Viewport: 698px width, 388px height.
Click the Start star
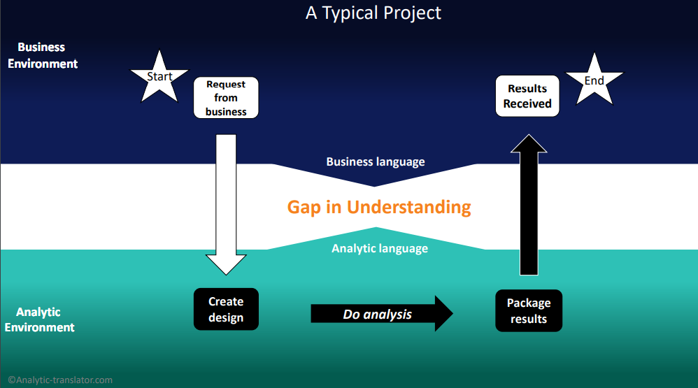(159, 76)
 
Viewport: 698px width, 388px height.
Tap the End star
(594, 80)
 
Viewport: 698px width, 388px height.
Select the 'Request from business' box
(226, 98)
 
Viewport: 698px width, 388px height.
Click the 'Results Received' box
(527, 96)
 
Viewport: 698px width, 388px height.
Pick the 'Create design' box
(226, 310)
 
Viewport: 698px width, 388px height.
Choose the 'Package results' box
(529, 311)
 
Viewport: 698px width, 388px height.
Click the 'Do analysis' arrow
(381, 314)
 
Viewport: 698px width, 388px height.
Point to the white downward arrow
(226, 203)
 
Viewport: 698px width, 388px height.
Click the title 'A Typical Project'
(373, 13)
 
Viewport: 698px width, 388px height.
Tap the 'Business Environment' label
(42, 55)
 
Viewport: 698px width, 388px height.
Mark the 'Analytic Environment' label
(39, 319)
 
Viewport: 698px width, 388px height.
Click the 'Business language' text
(376, 161)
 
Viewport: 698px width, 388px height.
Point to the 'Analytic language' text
(380, 248)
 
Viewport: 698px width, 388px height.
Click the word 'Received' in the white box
(527, 103)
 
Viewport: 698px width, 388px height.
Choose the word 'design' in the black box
(226, 318)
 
